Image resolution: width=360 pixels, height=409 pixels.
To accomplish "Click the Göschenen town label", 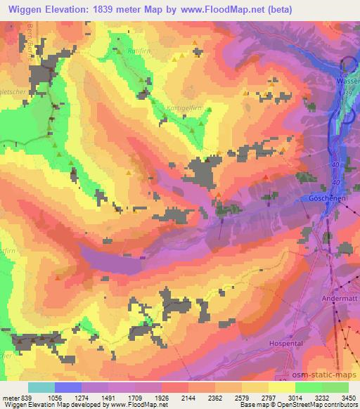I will (x=326, y=199).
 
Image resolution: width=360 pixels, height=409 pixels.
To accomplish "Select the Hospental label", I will (x=285, y=343).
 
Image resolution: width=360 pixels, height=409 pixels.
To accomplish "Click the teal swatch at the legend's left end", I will (x=41, y=387).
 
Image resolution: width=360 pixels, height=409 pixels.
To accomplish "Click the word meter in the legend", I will (x=10, y=398).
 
